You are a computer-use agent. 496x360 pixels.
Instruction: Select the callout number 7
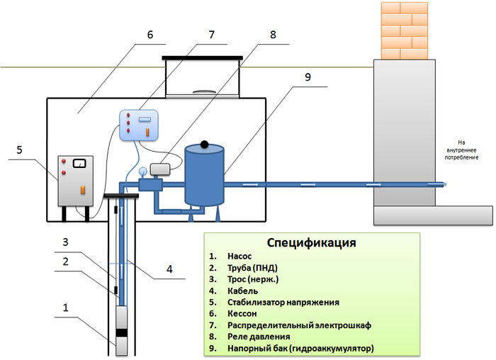tap(210, 33)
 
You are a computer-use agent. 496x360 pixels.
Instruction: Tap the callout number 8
tap(274, 33)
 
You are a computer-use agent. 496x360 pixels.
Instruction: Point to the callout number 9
tap(308, 79)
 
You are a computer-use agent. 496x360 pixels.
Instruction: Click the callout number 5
tap(19, 150)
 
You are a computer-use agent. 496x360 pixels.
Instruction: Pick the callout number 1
tap(66, 308)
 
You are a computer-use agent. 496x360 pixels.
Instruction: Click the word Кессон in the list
tap(244, 313)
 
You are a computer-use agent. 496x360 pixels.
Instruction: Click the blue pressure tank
tap(204, 174)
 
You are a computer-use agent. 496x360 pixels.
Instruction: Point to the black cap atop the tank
tap(205, 144)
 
